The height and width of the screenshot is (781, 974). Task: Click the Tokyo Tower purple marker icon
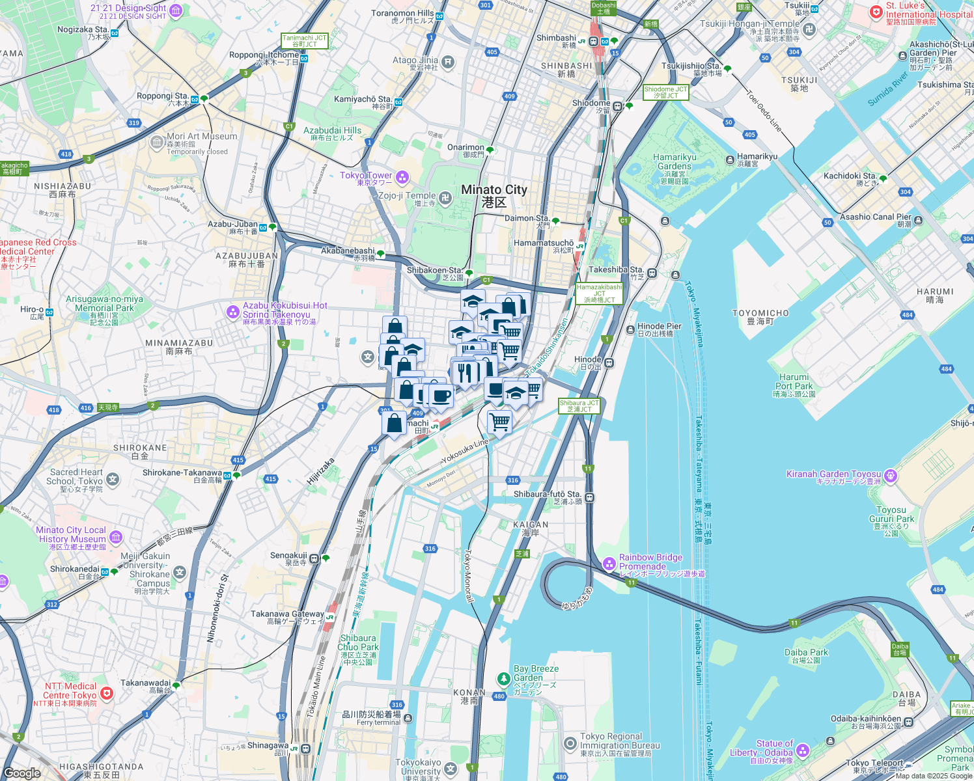402,177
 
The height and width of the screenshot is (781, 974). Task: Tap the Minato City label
494,195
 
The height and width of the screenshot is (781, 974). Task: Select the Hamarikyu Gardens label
675,162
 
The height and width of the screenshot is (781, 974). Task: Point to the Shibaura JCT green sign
579,406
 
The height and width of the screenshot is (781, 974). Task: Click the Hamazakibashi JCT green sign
599,294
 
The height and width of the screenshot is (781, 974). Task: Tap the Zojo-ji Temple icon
445,198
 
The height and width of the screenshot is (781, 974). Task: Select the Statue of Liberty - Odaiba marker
803,750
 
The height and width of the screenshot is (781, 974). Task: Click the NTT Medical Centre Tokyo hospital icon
106,693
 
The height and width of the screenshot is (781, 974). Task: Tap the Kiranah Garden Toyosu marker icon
891,476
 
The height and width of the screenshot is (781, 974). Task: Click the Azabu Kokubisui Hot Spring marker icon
233,312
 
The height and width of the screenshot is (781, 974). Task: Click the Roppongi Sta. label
162,96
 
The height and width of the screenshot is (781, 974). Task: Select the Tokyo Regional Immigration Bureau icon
570,743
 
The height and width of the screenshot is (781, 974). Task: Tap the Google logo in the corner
21,773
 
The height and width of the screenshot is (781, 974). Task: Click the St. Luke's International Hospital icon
876,12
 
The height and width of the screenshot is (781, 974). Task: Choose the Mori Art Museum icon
157,143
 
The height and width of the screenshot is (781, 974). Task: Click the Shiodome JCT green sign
665,92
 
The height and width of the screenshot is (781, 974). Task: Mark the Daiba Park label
806,653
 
